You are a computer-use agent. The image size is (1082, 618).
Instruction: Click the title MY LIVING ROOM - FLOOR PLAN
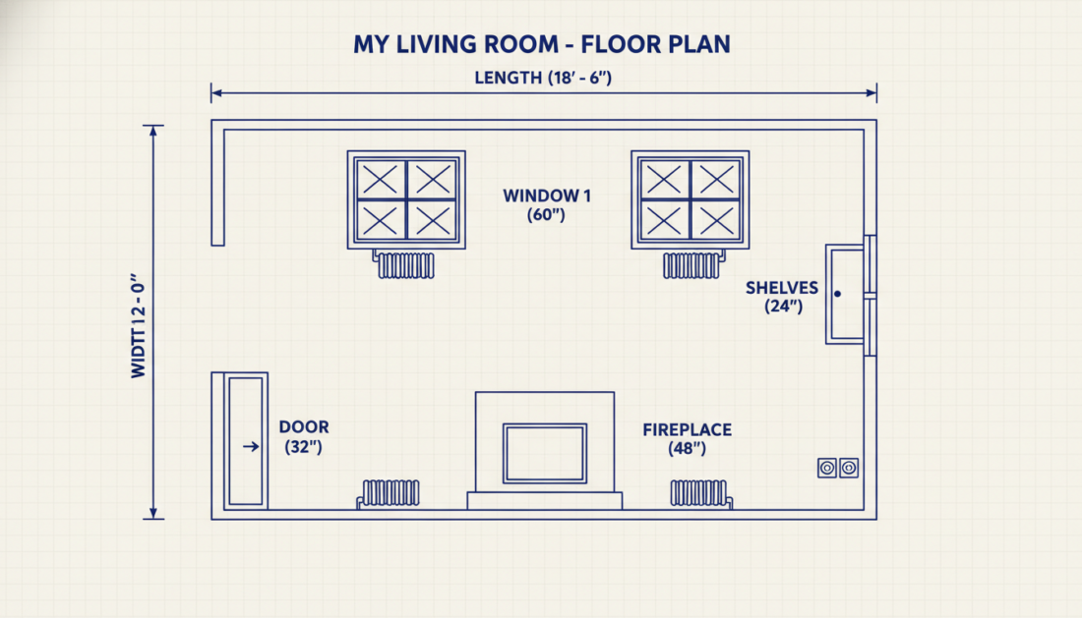[x=542, y=45]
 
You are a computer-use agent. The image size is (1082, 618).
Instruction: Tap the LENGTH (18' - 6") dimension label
[x=543, y=78]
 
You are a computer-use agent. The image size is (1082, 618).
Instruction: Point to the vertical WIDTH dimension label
[x=139, y=325]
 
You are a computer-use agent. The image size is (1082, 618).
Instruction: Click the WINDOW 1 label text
[x=547, y=196]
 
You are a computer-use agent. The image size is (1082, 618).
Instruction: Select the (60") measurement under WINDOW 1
[x=547, y=215]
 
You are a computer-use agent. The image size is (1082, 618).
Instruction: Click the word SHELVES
[x=782, y=288]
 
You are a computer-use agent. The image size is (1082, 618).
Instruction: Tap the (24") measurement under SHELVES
[x=783, y=307]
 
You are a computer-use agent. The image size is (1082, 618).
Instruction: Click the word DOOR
[x=304, y=427]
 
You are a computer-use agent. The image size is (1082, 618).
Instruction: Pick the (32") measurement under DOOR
[x=304, y=447]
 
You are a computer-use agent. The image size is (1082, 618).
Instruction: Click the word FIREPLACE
[x=688, y=430]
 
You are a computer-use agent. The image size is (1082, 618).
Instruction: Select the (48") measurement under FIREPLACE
[x=688, y=448]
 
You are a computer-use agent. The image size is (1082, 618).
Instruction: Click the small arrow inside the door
[x=251, y=446]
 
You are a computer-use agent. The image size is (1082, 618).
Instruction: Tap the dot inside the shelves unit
[x=838, y=294]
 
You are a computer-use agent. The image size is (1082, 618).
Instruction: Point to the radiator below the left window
[x=405, y=265]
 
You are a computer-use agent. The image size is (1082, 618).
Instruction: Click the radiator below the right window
[x=692, y=265]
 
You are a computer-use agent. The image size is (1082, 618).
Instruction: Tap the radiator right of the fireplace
[x=700, y=493]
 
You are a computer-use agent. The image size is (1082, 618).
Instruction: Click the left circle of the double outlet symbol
[x=827, y=469]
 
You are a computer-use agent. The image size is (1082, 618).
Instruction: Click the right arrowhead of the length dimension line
[x=872, y=93]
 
